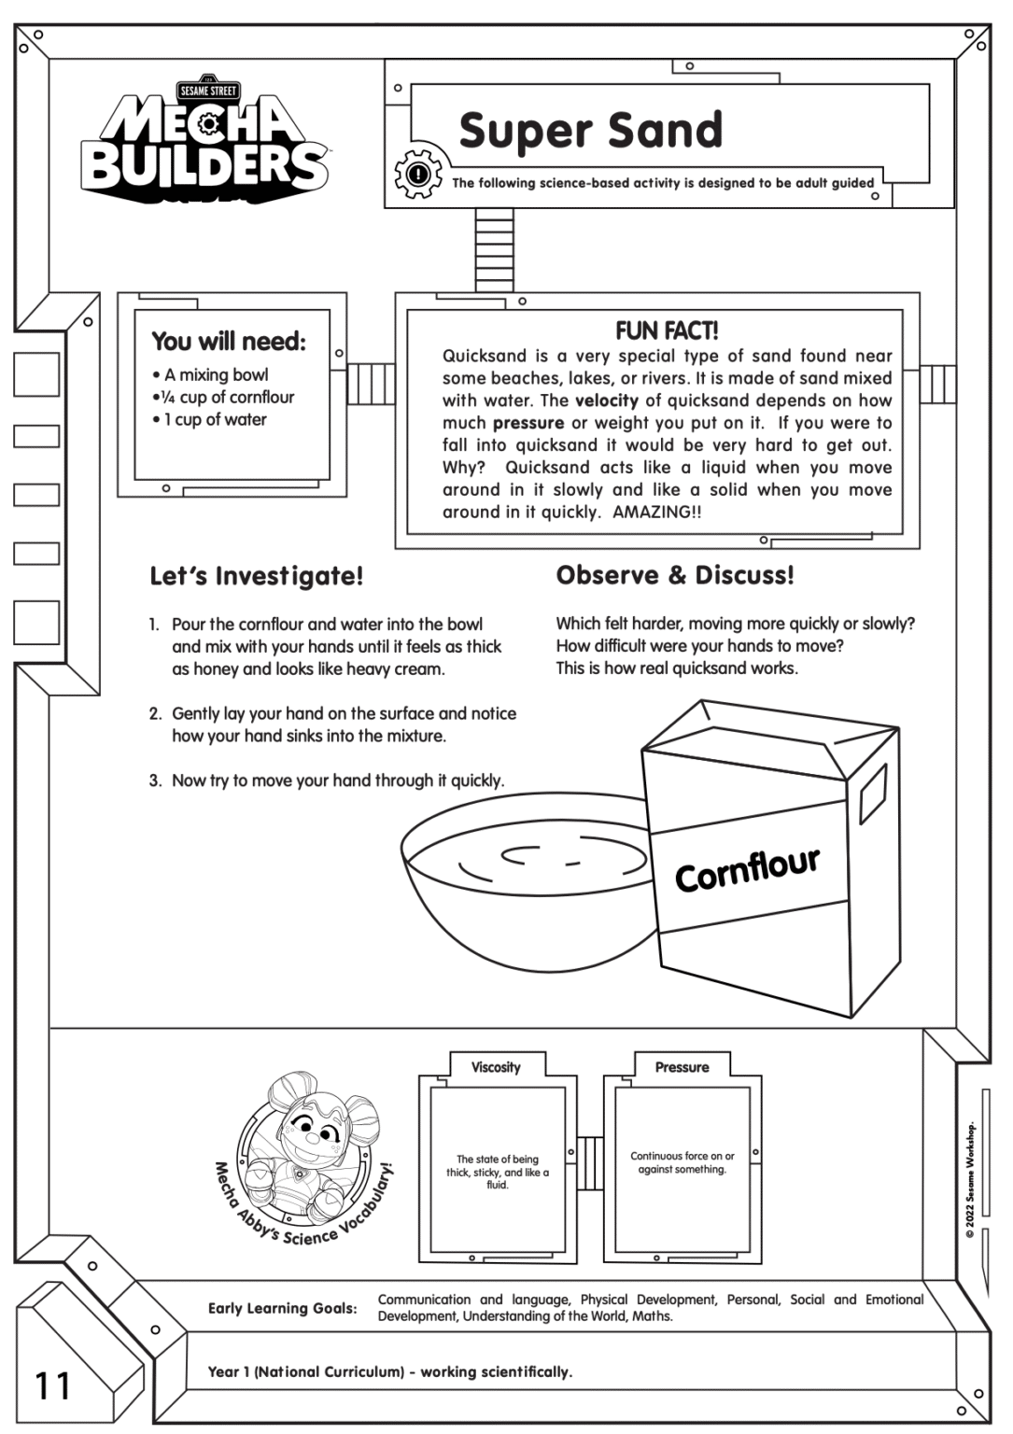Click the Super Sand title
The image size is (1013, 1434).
[x=590, y=131]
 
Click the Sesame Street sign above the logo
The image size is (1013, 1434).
[x=207, y=91]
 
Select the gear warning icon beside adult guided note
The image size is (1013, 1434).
[x=418, y=175]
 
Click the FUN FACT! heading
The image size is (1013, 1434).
[x=666, y=330]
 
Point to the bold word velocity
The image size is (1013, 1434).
[x=607, y=401]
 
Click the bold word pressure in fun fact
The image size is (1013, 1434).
[x=528, y=423]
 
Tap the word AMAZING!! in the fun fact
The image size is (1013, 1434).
[x=656, y=513]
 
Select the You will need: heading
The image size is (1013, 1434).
[x=229, y=342]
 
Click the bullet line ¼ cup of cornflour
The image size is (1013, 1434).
[x=226, y=397]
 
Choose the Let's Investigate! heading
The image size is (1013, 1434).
[x=257, y=576]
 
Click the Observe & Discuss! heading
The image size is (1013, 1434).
[x=675, y=575]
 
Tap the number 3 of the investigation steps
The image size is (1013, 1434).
[x=155, y=780]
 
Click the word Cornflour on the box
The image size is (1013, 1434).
[x=747, y=870]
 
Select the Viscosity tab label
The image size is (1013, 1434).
[x=496, y=1067]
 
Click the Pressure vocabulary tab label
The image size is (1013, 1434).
[x=682, y=1067]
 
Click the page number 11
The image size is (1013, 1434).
[x=53, y=1386]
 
